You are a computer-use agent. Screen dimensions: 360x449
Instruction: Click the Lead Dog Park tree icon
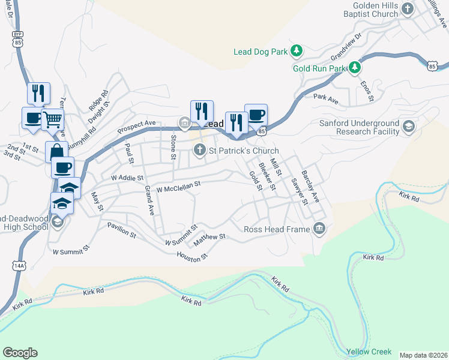point(296,52)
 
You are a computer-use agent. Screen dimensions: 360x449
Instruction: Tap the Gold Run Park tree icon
point(355,68)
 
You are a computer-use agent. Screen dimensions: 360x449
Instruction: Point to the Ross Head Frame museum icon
point(319,229)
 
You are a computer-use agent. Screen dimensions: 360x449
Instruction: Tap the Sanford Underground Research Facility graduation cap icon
point(409,127)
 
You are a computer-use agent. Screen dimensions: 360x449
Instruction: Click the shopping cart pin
point(53,119)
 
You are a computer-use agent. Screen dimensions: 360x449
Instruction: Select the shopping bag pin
point(56,151)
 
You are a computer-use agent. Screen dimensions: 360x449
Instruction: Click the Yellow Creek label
point(369,352)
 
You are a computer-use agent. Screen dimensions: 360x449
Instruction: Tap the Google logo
point(20,353)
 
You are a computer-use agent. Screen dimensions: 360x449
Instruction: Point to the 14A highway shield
point(18,265)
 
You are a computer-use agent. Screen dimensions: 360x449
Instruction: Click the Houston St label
point(191,256)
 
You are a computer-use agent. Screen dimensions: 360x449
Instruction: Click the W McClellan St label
point(178,189)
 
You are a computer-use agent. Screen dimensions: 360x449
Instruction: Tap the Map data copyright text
point(423,355)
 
